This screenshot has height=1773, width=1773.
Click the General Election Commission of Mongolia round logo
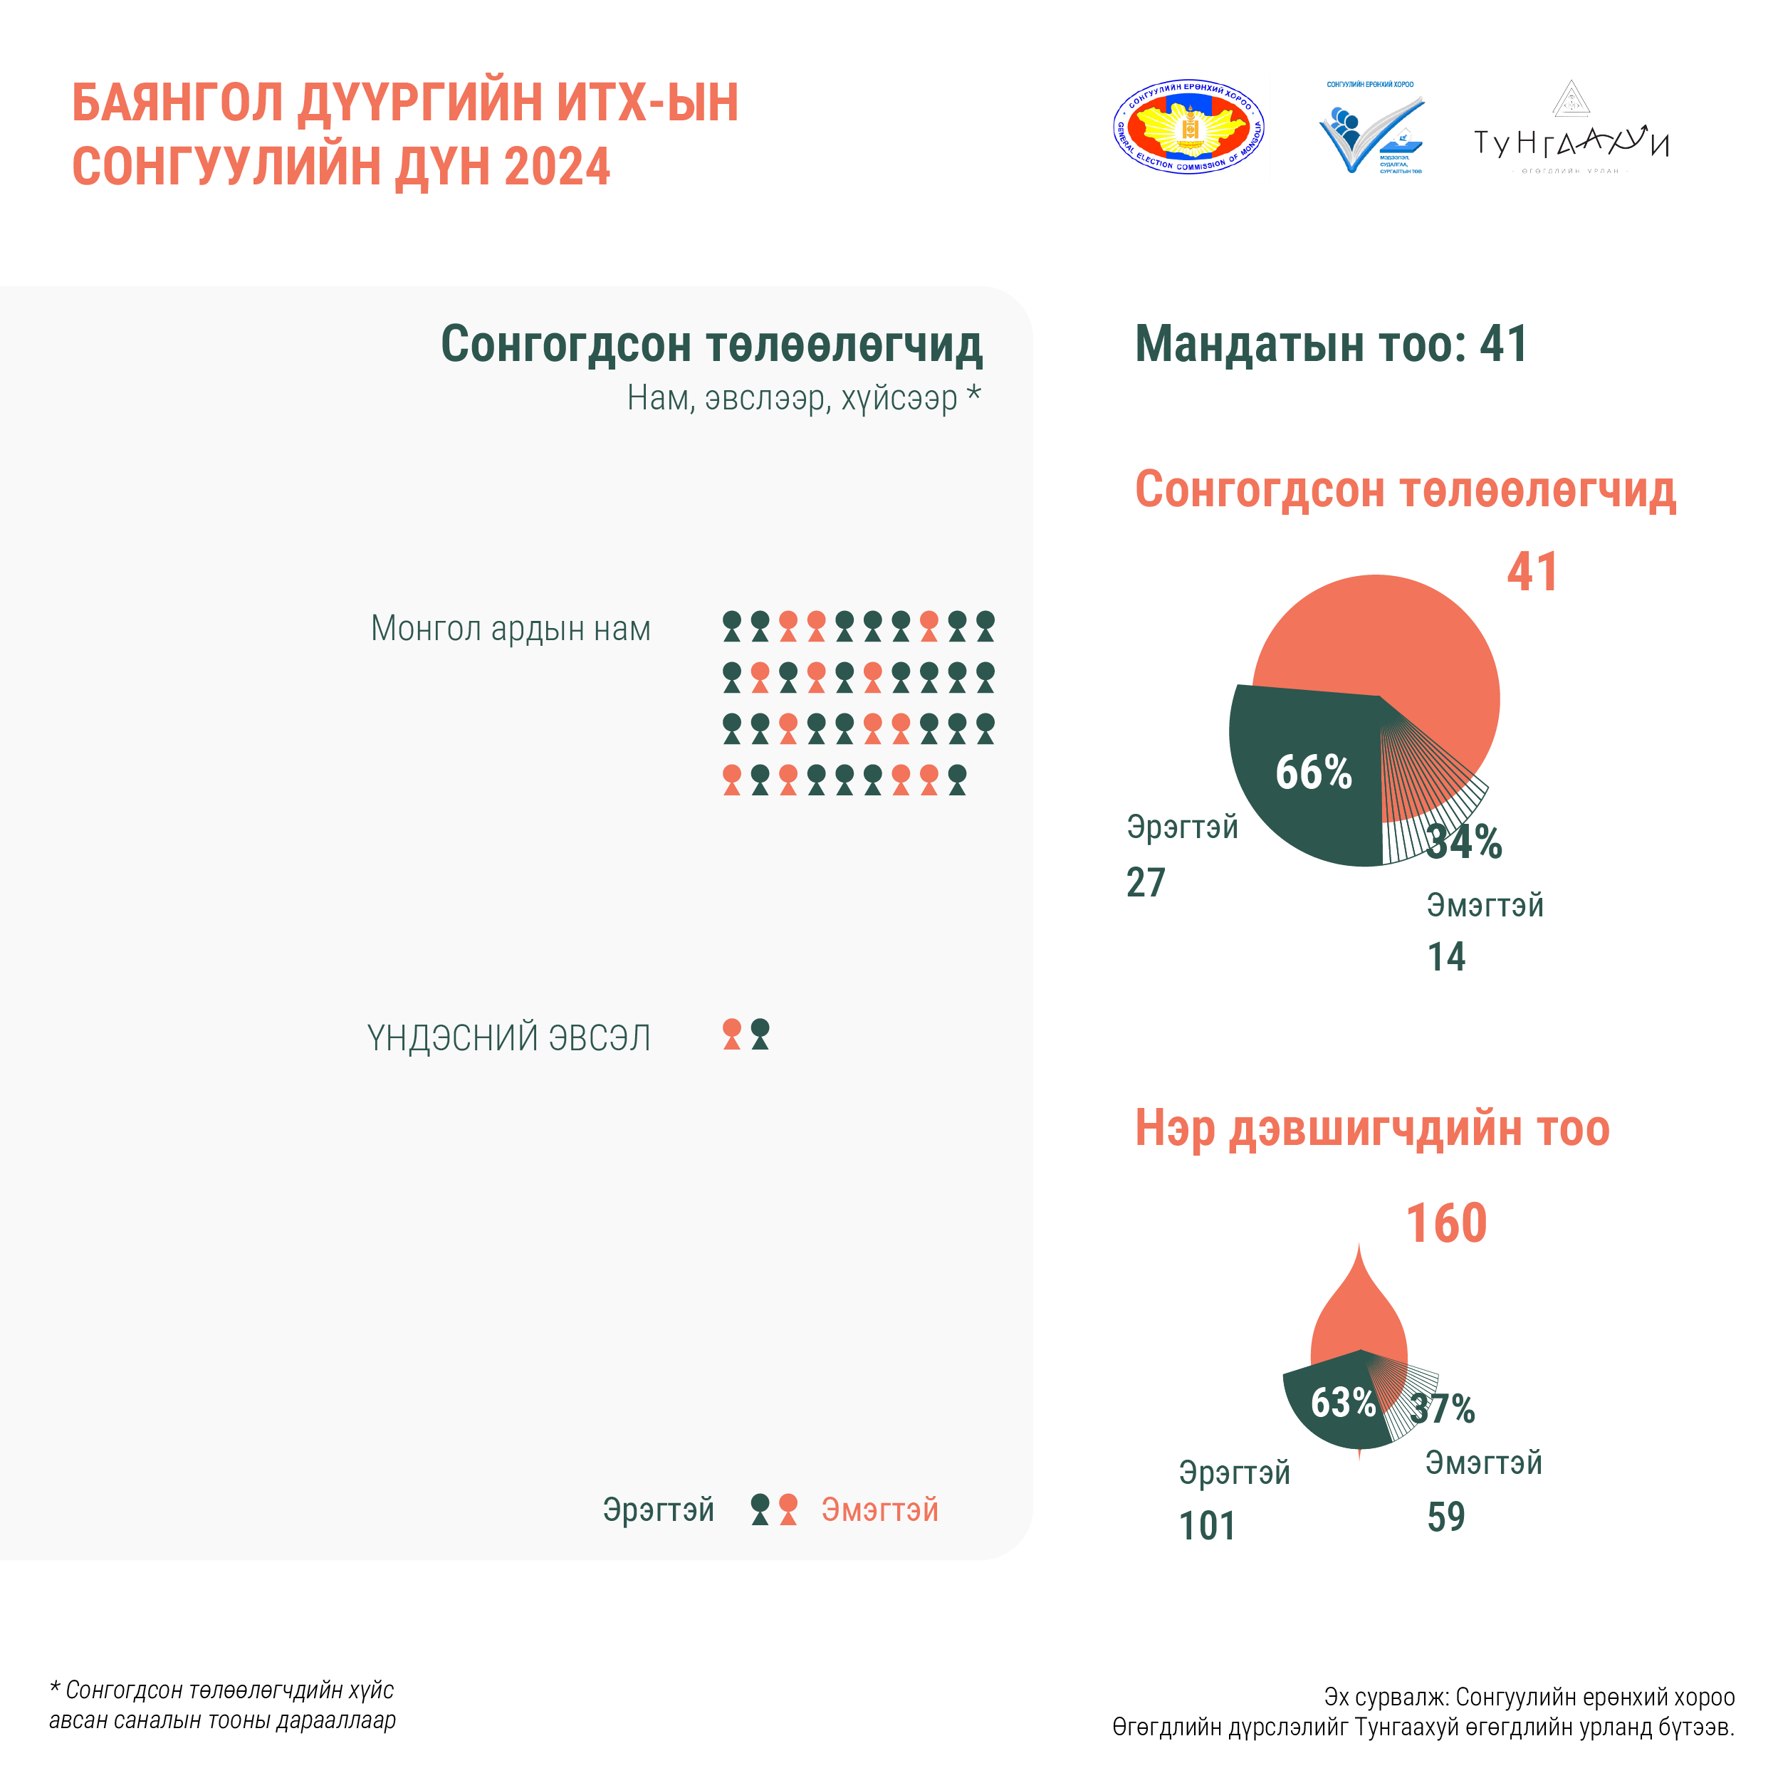pos(1191,130)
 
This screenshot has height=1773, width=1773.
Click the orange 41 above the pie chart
pos(1532,572)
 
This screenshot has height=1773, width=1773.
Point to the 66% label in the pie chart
pos(1313,773)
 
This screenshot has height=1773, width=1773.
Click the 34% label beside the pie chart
pos(1465,842)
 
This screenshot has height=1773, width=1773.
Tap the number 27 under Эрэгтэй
pos(1145,883)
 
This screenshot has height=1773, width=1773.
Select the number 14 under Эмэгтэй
pos(1446,957)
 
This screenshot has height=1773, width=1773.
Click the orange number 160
pos(1446,1223)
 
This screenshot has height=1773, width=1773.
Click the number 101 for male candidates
pos(1207,1526)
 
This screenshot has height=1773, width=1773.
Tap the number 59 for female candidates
pos(1446,1517)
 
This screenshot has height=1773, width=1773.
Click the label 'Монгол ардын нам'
pos(511,629)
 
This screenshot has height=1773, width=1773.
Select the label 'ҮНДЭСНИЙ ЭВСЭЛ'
pos(508,1038)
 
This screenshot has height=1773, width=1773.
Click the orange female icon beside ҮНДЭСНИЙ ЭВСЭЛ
pos(731,1034)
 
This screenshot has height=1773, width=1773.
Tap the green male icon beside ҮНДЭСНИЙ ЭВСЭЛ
pos(760,1034)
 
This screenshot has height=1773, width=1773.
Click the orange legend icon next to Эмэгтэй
pos(788,1510)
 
